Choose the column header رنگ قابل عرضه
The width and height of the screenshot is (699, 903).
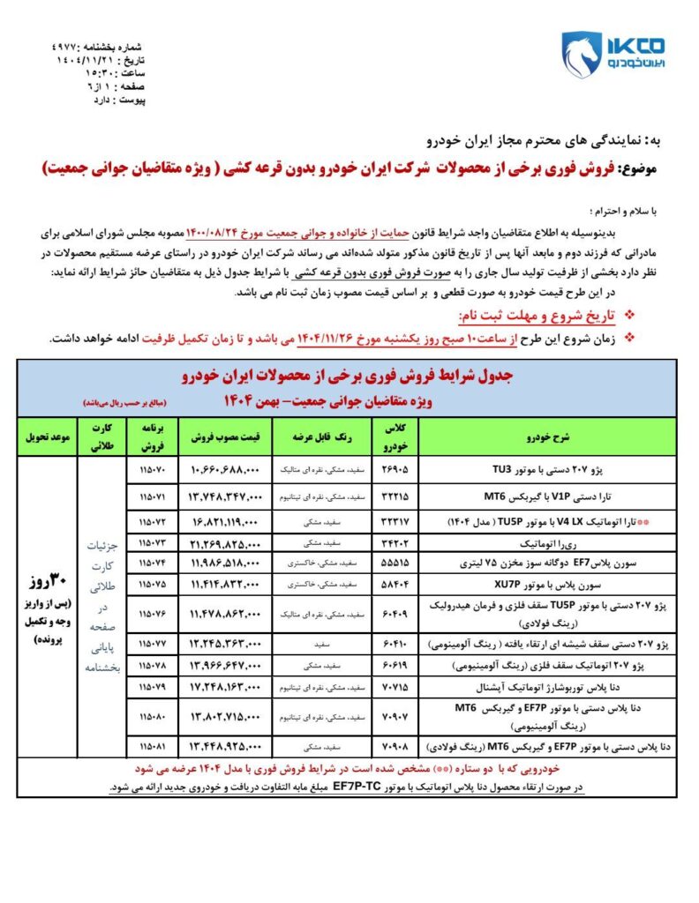pos(312,436)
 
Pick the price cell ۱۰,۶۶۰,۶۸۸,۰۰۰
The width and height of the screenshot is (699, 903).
pos(223,472)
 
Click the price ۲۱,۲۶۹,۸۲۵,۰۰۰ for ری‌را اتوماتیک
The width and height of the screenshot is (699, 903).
pos(223,541)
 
